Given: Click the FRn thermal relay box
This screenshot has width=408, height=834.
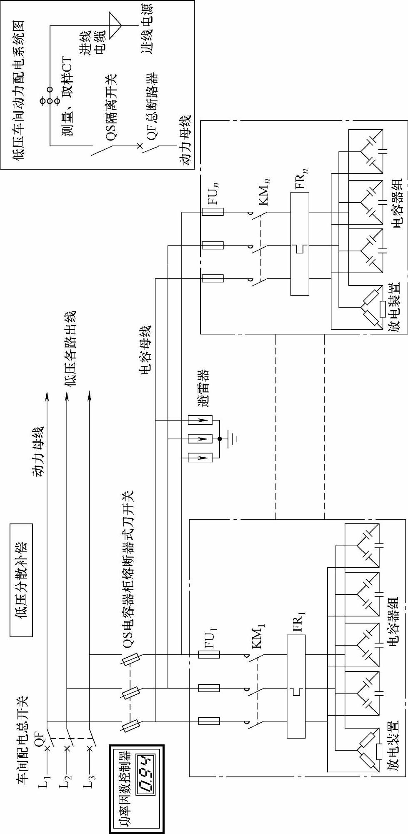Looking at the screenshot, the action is (x=300, y=244).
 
